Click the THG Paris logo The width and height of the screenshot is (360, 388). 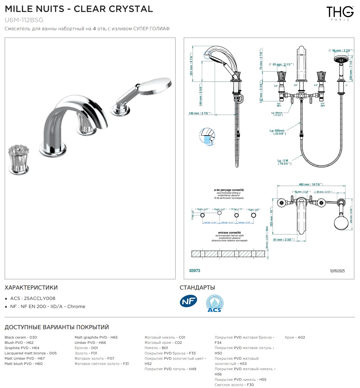(340, 14)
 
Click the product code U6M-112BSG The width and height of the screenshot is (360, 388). (24, 20)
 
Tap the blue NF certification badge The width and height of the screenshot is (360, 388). (188, 301)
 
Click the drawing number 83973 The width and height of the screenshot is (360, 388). (195, 270)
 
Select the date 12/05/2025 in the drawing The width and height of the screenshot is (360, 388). (337, 271)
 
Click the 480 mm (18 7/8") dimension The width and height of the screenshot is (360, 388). (308, 185)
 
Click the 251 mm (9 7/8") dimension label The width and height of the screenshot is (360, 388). (192, 64)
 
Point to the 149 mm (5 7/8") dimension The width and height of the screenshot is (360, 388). (199, 113)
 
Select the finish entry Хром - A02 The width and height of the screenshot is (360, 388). (295, 337)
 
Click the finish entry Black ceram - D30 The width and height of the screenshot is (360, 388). (21, 337)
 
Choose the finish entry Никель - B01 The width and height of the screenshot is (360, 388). (156, 348)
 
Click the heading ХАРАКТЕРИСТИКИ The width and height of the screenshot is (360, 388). (31, 288)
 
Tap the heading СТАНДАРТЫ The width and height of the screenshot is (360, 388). (197, 288)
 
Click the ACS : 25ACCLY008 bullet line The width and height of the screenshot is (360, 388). (33, 298)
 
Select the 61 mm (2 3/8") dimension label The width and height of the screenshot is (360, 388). (283, 239)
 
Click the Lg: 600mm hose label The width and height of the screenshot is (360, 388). (277, 132)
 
